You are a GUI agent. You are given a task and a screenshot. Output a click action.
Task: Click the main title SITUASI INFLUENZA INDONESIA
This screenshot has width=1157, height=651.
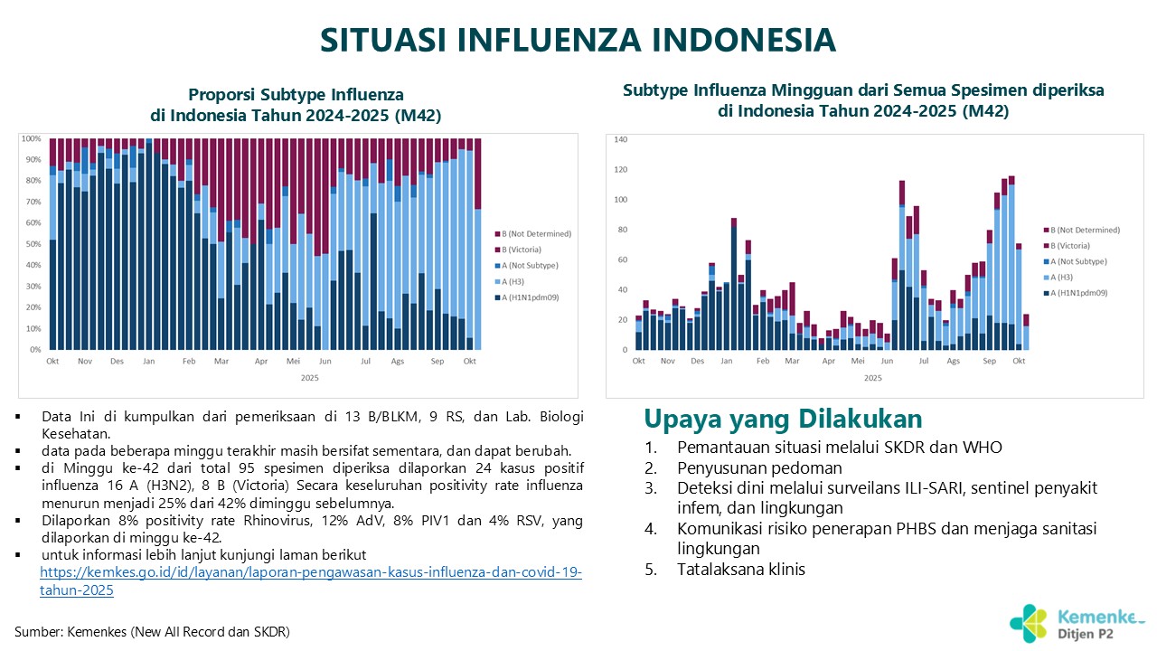(578, 41)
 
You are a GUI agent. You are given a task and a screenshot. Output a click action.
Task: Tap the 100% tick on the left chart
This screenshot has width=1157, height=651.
(32, 138)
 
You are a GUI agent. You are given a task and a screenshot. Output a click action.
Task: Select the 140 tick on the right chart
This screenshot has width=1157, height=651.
(621, 139)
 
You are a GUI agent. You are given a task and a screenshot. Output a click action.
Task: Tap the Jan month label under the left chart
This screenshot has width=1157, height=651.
(149, 361)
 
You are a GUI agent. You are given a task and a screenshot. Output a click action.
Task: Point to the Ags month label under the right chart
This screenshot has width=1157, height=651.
(954, 361)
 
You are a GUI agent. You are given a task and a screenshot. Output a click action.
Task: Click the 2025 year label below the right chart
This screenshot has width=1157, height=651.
(872, 378)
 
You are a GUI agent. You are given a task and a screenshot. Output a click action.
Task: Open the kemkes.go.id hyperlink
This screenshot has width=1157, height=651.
(311, 573)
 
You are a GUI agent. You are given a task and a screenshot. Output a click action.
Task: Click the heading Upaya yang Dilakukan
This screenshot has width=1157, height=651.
(783, 420)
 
